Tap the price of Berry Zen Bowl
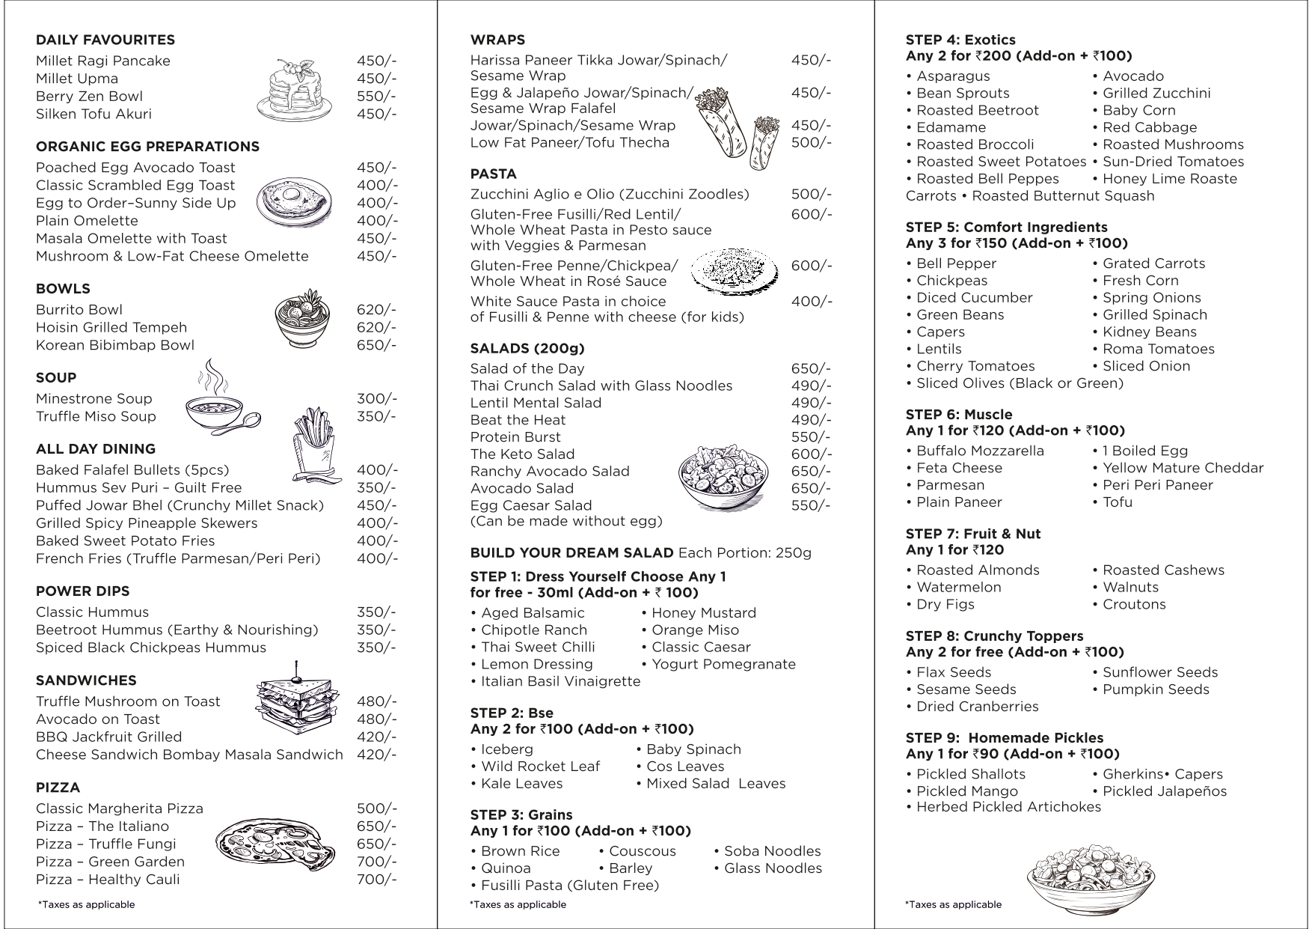coord(376,97)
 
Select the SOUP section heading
coord(56,378)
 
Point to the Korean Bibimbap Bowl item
coord(115,345)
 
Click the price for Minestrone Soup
coord(376,399)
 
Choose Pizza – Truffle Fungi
coord(106,844)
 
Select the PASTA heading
coord(493,174)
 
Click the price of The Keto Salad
coord(811,454)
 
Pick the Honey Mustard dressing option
coord(703,613)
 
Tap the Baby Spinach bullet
coord(693,749)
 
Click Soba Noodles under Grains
coord(772,851)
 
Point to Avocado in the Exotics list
coord(1132,76)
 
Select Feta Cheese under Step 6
coord(959,468)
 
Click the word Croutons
coord(1134,604)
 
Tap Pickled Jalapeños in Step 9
coord(1165,791)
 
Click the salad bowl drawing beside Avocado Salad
coord(723,477)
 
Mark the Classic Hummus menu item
coord(92,612)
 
